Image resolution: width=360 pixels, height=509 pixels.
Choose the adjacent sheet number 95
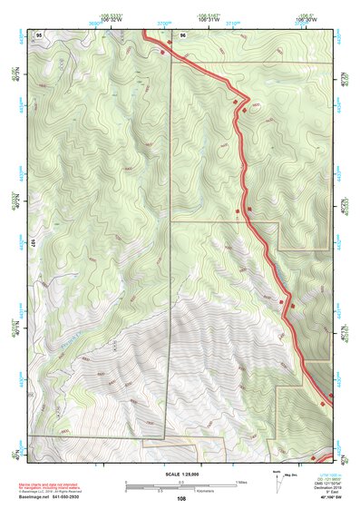[x=38, y=34]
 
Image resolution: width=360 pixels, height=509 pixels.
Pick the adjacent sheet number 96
[x=182, y=34]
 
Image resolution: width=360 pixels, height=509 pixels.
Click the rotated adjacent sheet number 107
[x=32, y=243]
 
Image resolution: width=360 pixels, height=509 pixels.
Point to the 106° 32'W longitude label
[x=110, y=19]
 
